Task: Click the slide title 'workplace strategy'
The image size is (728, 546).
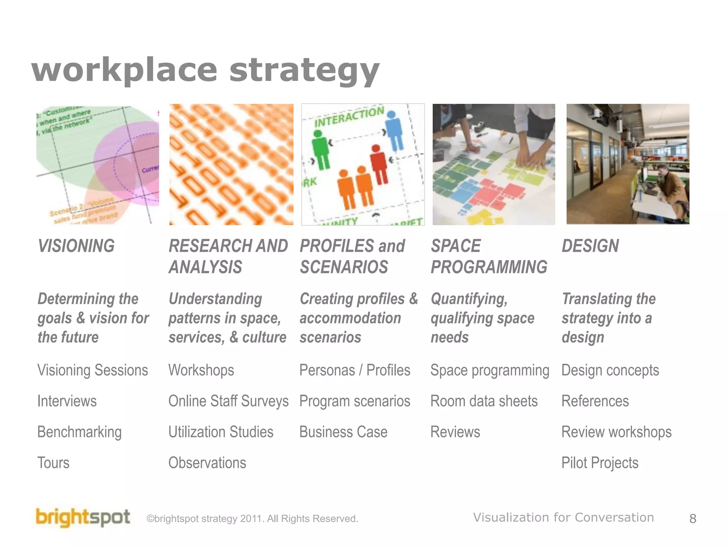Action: click(x=205, y=70)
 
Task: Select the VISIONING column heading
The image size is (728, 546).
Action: click(x=76, y=246)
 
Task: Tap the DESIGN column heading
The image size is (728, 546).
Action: click(x=590, y=246)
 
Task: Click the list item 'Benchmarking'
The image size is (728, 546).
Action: click(x=80, y=432)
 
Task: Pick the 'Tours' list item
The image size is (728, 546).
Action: click(x=53, y=463)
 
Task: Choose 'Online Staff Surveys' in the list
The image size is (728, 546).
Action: click(x=228, y=401)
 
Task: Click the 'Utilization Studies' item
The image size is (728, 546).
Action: click(x=221, y=432)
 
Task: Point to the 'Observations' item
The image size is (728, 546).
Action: click(x=207, y=463)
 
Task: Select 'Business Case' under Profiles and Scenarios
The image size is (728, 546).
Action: click(x=343, y=432)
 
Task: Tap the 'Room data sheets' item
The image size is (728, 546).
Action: click(x=484, y=401)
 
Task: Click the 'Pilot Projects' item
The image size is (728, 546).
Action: click(x=600, y=463)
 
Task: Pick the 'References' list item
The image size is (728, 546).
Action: click(x=595, y=401)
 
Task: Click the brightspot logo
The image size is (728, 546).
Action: click(x=83, y=518)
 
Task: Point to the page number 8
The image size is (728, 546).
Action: click(x=692, y=519)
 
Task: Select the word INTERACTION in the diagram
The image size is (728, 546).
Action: click(x=349, y=117)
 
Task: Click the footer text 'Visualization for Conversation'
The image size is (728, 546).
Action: click(x=563, y=518)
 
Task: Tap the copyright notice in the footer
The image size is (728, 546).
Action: click(x=252, y=519)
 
